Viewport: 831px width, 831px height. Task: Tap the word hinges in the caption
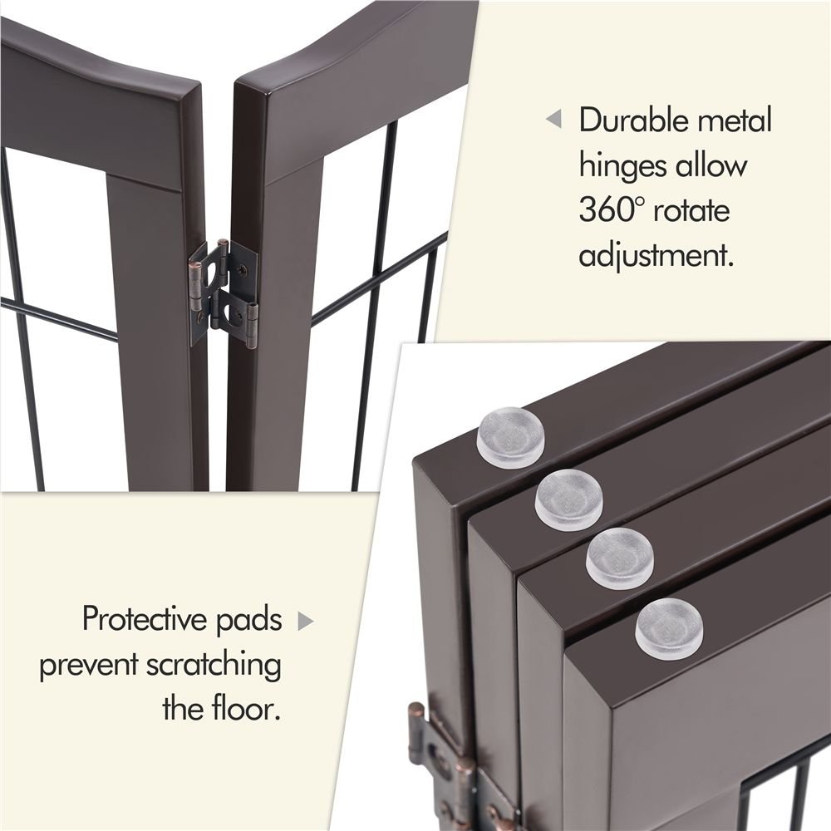point(623,165)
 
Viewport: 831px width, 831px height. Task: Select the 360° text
point(612,210)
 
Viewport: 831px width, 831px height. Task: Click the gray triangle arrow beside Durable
point(553,120)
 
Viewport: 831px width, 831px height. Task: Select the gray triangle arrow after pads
point(305,620)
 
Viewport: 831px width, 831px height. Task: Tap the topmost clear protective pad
point(510,441)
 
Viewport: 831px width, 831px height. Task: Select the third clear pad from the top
point(619,558)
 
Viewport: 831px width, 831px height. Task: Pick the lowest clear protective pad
point(669,624)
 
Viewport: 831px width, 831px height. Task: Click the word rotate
point(692,210)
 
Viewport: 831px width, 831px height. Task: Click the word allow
point(711,165)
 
